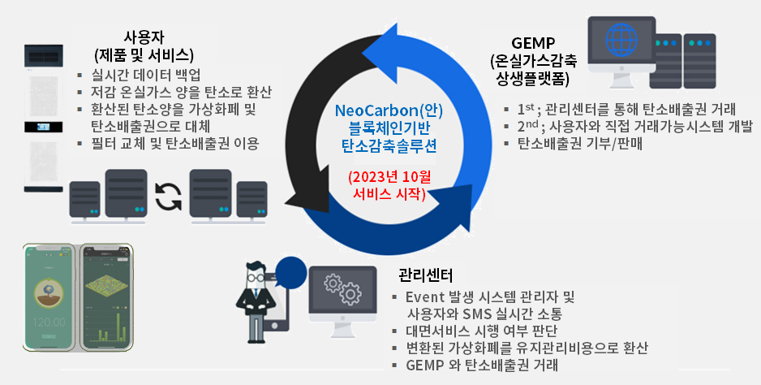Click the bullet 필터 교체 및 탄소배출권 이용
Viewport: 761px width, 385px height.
pos(175,145)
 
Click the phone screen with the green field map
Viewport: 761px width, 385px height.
pos(107,298)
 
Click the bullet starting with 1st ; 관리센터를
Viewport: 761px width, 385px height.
pos(626,109)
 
